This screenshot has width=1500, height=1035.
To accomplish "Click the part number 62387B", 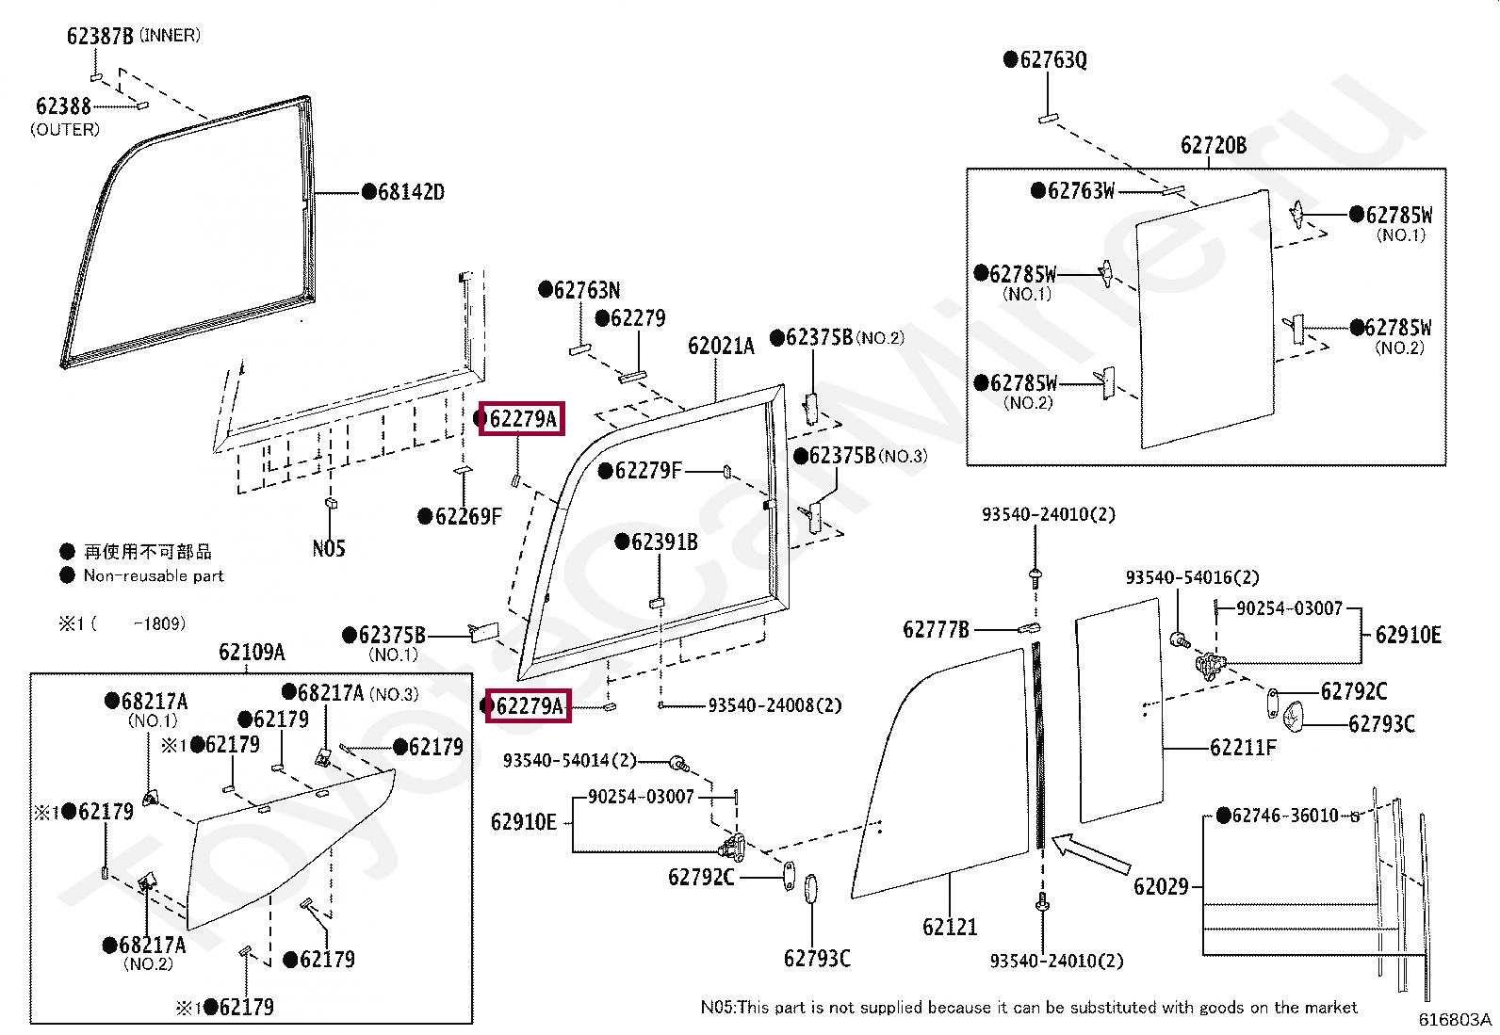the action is tap(100, 36).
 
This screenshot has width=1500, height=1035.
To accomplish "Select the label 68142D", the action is tap(411, 192).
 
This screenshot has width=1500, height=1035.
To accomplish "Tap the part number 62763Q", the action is tap(1053, 59).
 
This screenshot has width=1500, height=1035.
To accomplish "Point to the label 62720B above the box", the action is tap(1214, 145).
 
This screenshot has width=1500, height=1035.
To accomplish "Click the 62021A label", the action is tap(721, 347).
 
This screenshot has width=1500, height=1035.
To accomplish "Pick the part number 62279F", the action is tap(647, 471).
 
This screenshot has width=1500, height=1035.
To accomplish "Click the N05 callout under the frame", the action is tap(329, 549).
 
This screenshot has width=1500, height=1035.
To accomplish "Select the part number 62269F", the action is tap(468, 517).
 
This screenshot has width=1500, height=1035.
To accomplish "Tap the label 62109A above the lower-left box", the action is tap(252, 652).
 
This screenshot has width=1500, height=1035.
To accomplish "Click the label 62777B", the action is tap(936, 629).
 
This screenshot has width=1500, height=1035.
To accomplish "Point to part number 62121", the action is tap(950, 928).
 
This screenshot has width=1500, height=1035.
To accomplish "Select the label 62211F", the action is tap(1243, 747).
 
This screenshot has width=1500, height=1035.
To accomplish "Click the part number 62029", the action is tap(1161, 887).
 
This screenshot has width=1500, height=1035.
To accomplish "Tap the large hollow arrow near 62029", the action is tap(1090, 854).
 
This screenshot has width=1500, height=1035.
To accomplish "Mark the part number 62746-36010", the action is tap(1285, 816).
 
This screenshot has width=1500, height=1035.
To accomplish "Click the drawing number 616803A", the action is tap(1455, 1020).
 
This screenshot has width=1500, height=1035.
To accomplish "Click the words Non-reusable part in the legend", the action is tap(154, 575).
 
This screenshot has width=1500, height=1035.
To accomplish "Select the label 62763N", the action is tap(587, 291).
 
